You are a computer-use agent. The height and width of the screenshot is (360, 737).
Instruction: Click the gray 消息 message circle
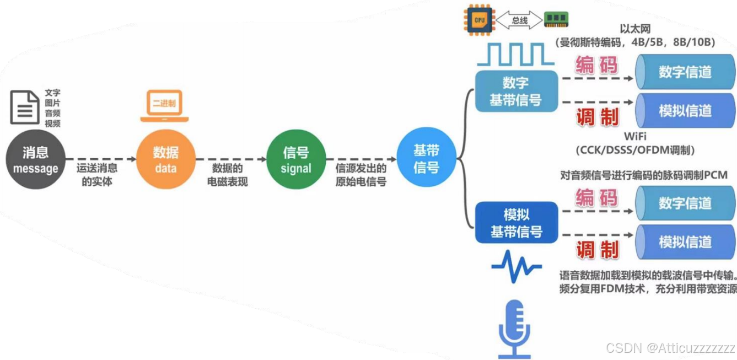pyautogui.click(x=36, y=159)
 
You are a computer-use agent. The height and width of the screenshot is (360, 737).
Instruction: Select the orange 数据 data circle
pyautogui.click(x=165, y=159)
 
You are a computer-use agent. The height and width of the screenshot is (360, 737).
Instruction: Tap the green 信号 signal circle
pyautogui.click(x=296, y=159)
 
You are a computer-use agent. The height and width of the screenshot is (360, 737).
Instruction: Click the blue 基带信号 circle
pyautogui.click(x=426, y=158)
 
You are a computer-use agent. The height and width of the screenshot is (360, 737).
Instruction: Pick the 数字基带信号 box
pyautogui.click(x=515, y=92)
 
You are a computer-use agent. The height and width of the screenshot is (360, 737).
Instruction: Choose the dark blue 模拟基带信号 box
pyautogui.click(x=516, y=223)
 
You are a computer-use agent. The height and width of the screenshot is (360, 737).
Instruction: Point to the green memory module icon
pyautogui.click(x=556, y=20)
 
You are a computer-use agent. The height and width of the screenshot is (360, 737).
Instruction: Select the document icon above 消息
pyautogui.click(x=25, y=108)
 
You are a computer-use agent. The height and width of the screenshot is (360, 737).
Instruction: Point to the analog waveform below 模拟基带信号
pyautogui.click(x=516, y=267)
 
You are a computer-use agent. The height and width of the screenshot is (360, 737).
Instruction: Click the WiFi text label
pyautogui.click(x=635, y=136)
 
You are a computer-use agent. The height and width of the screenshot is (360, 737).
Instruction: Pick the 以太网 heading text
pyautogui.click(x=635, y=29)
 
